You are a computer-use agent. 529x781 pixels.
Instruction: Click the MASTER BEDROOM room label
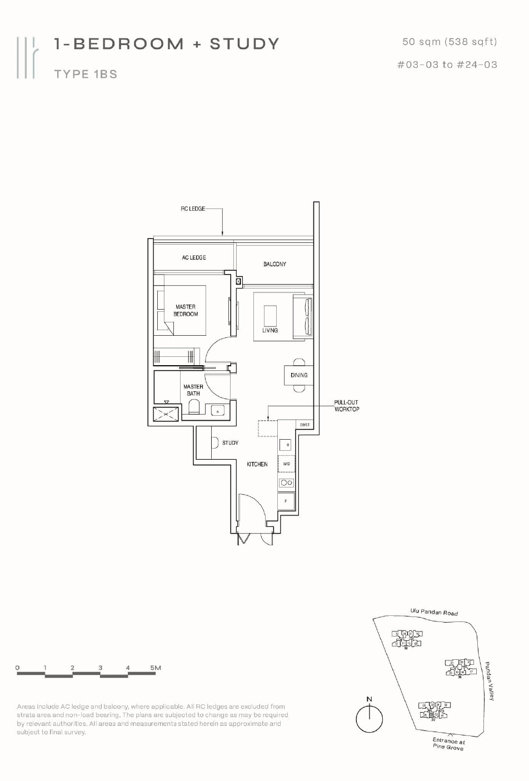pos(186,310)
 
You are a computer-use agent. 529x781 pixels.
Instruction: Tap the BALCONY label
pos(275,264)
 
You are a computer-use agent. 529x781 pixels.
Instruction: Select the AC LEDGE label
pos(194,257)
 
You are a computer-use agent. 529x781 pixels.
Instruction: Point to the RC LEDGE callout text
pos(193,209)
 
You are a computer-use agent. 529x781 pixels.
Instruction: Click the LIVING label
pos(270,330)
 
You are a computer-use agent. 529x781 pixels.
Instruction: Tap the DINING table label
pos(299,375)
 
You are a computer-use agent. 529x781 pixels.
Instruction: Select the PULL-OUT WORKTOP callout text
pos(347,406)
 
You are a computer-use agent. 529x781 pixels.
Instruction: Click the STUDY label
pos(230,443)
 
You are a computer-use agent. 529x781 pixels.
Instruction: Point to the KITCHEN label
pos(257,464)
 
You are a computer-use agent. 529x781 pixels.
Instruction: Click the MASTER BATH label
pos(193,390)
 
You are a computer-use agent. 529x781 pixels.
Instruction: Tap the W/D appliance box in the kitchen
pos(286,464)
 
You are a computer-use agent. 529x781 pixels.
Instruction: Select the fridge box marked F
pos(286,501)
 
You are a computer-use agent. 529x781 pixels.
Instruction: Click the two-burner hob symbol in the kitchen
pos(286,482)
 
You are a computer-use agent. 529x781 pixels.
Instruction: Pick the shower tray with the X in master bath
pos(166,414)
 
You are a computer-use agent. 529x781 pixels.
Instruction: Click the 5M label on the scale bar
pos(156,668)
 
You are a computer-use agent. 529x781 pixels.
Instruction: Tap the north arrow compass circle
pos(369,719)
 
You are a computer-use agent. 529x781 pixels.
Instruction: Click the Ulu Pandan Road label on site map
pos(434,612)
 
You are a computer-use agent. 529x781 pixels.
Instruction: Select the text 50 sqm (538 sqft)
pos(450,42)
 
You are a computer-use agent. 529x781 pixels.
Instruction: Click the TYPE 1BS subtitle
pos(86,74)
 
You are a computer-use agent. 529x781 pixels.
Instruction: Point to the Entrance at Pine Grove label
pos(448,744)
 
